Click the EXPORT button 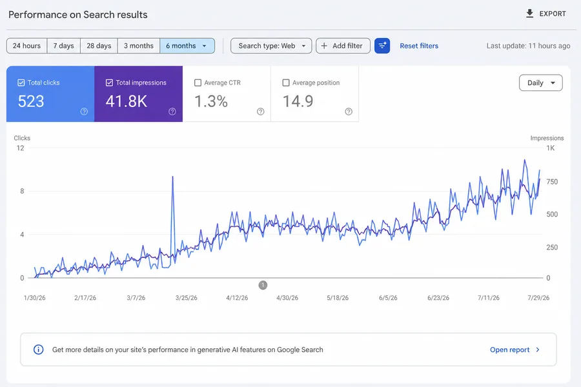(545, 14)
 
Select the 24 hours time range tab (26, 46)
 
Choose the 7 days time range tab (63, 46)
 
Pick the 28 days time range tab (99, 46)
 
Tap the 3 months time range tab (139, 46)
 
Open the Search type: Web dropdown (271, 46)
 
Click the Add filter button (343, 46)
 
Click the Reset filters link (419, 46)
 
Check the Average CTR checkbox (198, 83)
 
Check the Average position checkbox (286, 83)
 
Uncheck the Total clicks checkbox (21, 83)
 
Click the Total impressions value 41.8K (127, 101)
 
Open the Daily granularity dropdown (540, 83)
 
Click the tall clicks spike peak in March (172, 177)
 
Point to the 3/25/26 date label (187, 298)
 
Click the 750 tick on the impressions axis (552, 182)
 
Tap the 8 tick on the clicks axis (22, 191)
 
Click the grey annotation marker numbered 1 (263, 285)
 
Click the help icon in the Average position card (349, 112)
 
